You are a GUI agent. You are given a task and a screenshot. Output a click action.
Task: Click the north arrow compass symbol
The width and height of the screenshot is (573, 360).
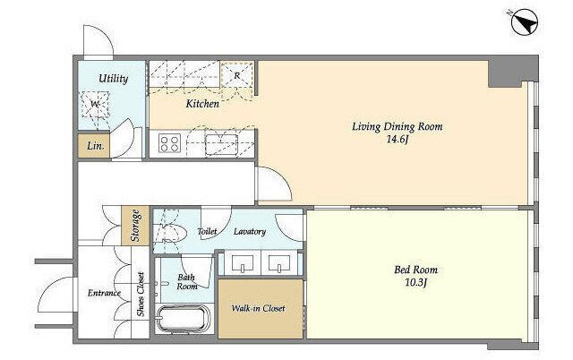pos(525,22)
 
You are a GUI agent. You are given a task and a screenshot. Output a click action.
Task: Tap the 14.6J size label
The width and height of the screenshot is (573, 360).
pos(397,139)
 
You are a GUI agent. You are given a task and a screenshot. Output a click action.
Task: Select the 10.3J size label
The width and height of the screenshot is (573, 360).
pos(415,282)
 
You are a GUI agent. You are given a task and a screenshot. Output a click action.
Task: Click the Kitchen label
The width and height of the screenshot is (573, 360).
pos(202,104)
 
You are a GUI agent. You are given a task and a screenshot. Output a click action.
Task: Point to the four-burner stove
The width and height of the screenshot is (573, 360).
pos(169,143)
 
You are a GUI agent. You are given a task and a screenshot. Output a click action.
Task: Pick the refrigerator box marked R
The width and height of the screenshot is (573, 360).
pos(237,75)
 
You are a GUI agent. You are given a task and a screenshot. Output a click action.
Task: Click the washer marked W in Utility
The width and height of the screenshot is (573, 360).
pos(95,105)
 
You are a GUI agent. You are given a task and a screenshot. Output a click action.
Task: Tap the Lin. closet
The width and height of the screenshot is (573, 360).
pos(93,146)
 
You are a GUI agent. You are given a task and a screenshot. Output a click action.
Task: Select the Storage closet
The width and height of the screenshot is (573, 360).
pos(135,226)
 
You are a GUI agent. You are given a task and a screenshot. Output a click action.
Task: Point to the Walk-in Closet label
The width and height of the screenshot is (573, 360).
pos(259,308)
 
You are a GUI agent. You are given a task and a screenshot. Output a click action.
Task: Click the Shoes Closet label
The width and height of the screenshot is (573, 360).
pos(141,295)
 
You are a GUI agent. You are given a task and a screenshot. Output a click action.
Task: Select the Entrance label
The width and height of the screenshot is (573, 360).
pos(104,293)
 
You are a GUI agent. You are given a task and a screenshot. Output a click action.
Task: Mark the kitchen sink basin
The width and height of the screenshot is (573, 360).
pos(221,144)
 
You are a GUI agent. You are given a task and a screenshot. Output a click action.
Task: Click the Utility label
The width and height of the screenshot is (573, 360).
pos(114,79)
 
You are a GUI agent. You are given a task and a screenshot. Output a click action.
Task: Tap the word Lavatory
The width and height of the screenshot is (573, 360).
pos(250,232)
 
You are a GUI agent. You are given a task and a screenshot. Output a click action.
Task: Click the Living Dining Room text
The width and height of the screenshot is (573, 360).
pos(398,127)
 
